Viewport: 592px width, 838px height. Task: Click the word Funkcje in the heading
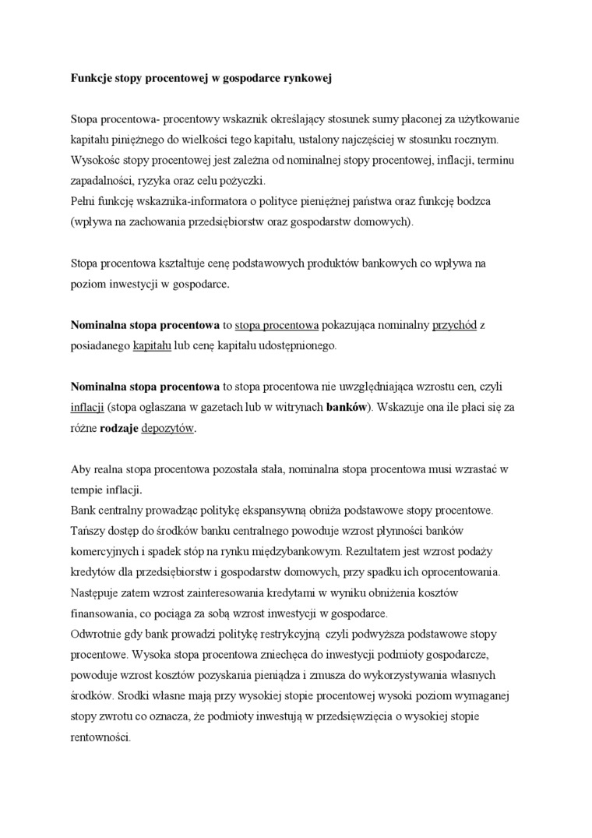pos(91,80)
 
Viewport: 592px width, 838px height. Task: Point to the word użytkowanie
pos(488,120)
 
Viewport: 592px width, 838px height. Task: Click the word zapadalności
pos(100,181)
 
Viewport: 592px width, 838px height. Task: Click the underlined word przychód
pos(454,324)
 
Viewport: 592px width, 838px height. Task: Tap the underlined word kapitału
pos(152,345)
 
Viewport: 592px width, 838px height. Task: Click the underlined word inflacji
pos(87,406)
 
